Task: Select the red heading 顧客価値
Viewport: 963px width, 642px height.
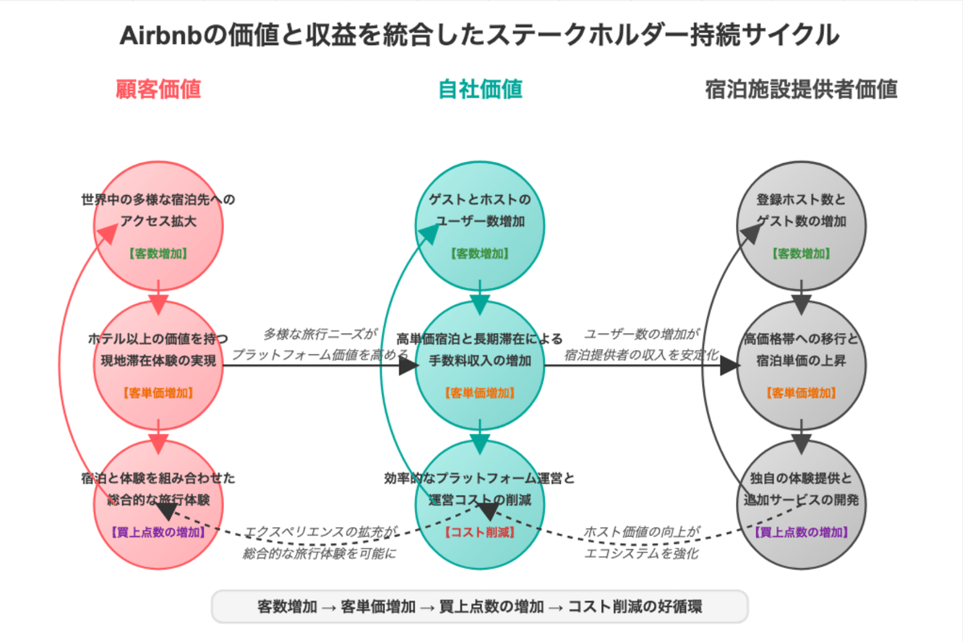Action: point(158,89)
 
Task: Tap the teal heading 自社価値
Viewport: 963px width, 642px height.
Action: point(480,89)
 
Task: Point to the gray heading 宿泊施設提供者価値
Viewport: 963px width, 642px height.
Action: point(801,89)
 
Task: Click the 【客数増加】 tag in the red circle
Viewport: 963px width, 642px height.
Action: point(158,254)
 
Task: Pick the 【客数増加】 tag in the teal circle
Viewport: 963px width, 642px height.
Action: point(480,254)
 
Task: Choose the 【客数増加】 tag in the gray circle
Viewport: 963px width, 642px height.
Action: point(801,254)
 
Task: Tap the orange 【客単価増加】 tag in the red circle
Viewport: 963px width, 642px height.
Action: point(158,393)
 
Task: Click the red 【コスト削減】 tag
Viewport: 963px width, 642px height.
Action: point(480,532)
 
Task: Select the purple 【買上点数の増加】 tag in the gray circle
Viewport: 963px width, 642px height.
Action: point(801,532)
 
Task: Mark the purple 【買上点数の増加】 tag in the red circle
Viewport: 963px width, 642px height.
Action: point(158,532)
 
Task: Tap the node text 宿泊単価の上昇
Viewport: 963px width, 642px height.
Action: point(801,360)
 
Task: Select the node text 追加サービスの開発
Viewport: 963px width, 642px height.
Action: point(801,500)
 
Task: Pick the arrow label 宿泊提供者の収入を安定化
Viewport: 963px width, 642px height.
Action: point(641,354)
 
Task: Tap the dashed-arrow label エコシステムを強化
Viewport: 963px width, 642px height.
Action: point(641,553)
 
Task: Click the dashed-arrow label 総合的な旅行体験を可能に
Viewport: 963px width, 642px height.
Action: point(320,553)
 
